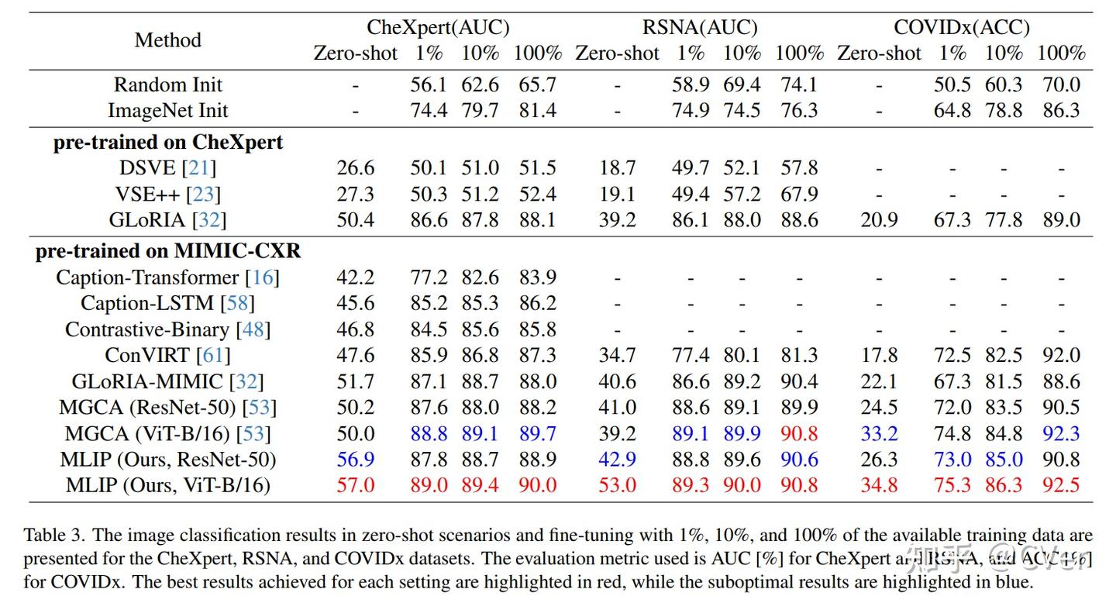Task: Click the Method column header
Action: tap(167, 40)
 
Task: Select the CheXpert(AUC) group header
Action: tap(438, 28)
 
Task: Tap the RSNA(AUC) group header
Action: tap(699, 28)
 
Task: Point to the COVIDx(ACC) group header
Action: tap(961, 28)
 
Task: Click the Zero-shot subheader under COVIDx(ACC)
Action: tap(879, 53)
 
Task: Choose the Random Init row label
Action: tap(168, 84)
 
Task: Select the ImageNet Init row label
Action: tap(168, 110)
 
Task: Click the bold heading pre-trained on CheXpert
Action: tap(168, 143)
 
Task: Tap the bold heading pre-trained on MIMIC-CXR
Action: tap(168, 252)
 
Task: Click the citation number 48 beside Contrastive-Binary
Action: tap(253, 329)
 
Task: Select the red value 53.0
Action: tap(617, 486)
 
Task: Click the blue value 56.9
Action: tap(355, 460)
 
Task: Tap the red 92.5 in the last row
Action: tap(1061, 486)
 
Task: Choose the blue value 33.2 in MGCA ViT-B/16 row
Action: tap(879, 434)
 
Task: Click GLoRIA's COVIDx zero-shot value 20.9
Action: tap(879, 220)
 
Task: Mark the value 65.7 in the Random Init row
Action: tap(537, 84)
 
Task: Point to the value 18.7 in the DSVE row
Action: tap(617, 168)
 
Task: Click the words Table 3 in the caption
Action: tap(50, 536)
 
